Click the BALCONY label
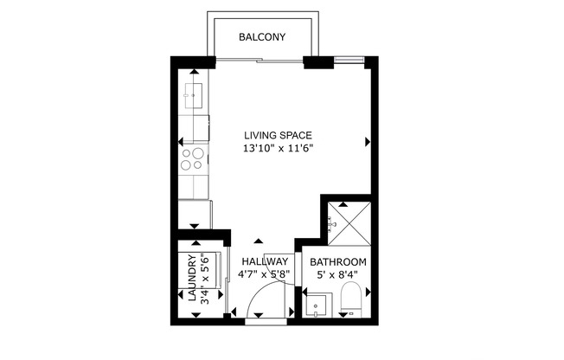[262, 37]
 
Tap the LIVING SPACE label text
[277, 135]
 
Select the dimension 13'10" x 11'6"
[277, 149]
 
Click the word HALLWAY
[265, 262]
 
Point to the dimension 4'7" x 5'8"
[265, 276]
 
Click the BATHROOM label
[338, 262]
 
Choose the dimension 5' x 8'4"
[338, 276]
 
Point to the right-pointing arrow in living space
[369, 141]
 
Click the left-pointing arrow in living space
[181, 141]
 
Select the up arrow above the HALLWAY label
[257, 241]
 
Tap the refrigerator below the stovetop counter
[195, 213]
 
